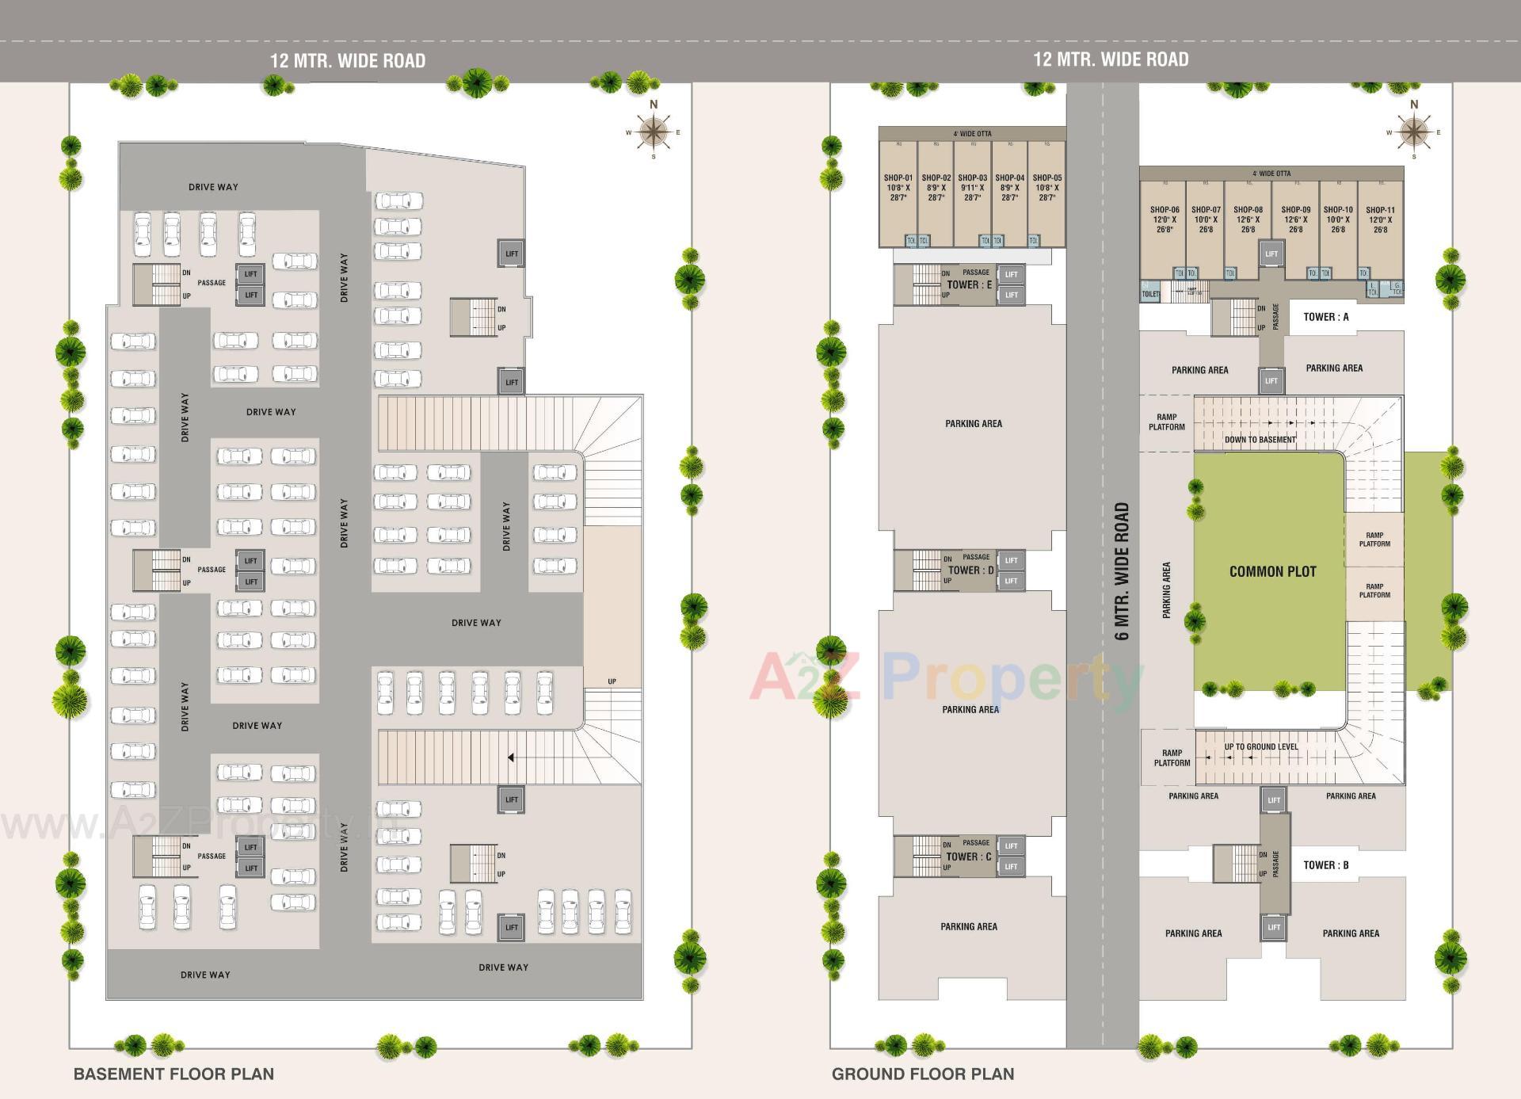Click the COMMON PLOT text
(1272, 571)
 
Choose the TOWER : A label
(1325, 317)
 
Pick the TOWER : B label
(1325, 865)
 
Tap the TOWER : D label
(970, 570)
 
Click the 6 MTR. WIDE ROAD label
(1122, 571)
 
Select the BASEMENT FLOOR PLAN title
(173, 1074)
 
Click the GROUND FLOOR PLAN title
(923, 1074)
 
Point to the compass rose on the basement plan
(654, 132)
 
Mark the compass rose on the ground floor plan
(1414, 132)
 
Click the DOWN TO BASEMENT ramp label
(1260, 440)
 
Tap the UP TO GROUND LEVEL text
(1260, 746)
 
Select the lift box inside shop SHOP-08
(1271, 254)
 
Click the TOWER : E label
(969, 284)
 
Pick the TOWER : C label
(968, 857)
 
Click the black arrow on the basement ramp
(511, 757)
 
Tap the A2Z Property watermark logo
(947, 677)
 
